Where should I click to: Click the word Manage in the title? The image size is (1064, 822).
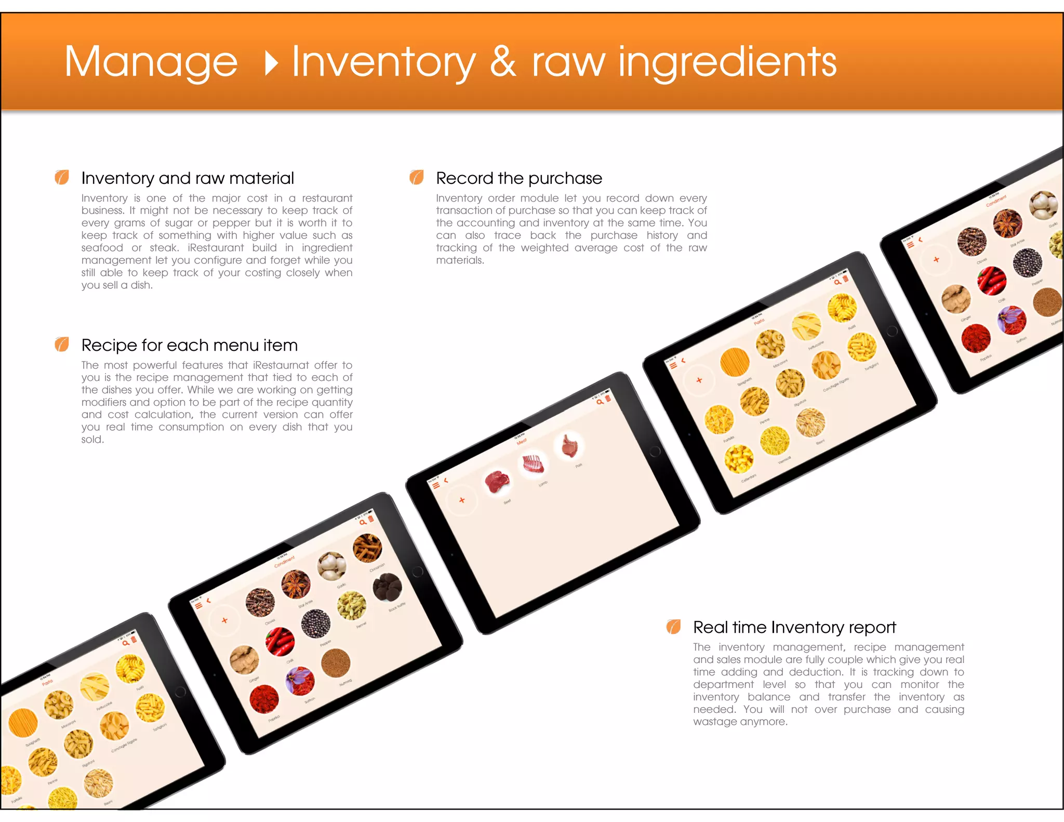pos(151,62)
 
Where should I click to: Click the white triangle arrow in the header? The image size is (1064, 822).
pos(271,63)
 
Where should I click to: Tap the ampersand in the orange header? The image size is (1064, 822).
pos(502,62)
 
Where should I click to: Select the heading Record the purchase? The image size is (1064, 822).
pos(518,178)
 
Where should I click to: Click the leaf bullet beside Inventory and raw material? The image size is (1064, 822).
pos(62,178)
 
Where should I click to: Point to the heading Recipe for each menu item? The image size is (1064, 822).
pos(189,345)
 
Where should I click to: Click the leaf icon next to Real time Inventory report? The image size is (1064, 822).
pos(673,627)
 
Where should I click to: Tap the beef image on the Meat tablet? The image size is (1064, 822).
pos(497,482)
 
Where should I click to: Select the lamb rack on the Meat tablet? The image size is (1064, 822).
pos(533,463)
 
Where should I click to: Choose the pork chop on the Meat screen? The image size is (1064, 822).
pos(569,446)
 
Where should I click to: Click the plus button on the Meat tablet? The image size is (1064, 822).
pos(462,500)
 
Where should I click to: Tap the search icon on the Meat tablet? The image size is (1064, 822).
pos(600,402)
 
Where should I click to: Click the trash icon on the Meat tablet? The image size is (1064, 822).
pos(608,398)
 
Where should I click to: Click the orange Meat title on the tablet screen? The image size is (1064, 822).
pos(522,442)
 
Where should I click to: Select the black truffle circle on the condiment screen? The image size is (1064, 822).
pos(388,587)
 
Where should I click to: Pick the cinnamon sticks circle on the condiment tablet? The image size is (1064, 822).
pos(367,548)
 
